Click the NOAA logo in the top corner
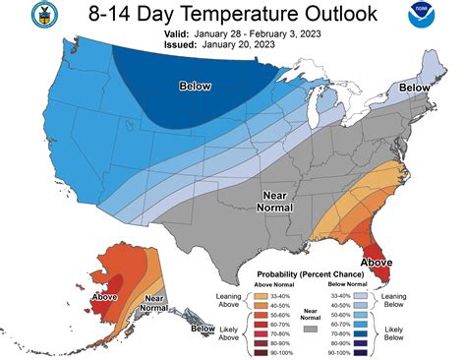pos(440,21)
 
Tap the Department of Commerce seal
pos(22,18)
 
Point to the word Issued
pos(183,44)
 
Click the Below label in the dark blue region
pos(196,88)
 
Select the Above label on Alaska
pos(105,296)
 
